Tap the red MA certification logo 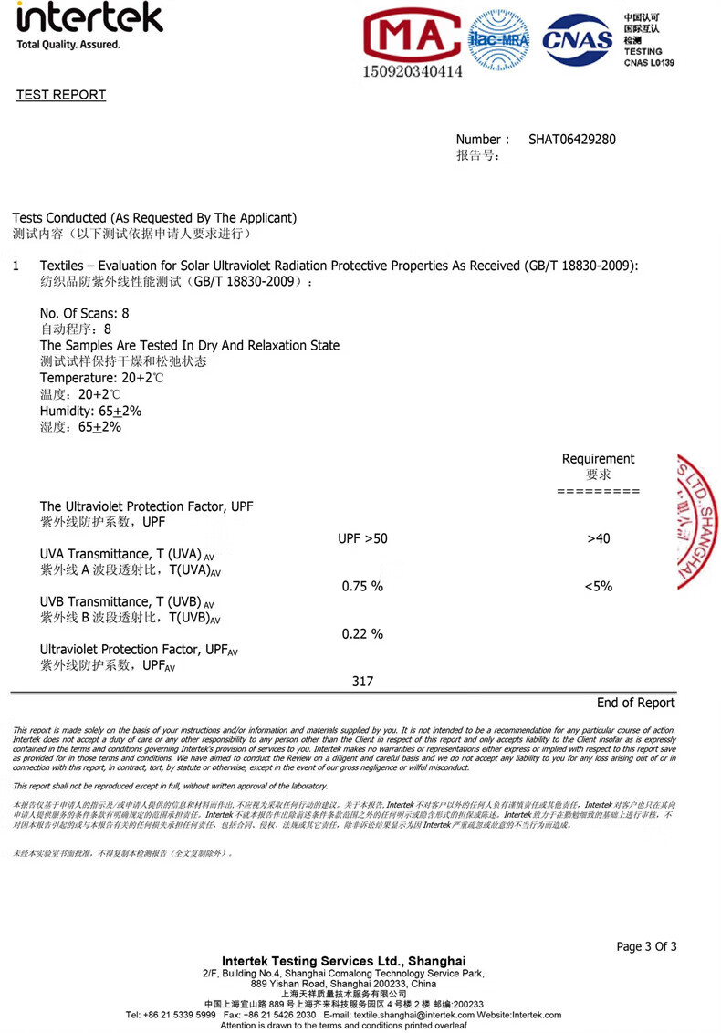pyautogui.click(x=412, y=37)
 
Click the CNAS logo pyautogui.click(x=577, y=38)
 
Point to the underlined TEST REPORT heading pyautogui.click(x=61, y=95)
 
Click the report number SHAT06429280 pyautogui.click(x=572, y=140)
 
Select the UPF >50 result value pyautogui.click(x=362, y=538)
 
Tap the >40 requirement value pyautogui.click(x=599, y=538)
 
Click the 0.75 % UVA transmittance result pyautogui.click(x=362, y=586)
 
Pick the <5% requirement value pyautogui.click(x=599, y=586)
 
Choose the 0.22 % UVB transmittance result pyautogui.click(x=362, y=633)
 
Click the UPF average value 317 pyautogui.click(x=362, y=681)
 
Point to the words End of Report pyautogui.click(x=636, y=703)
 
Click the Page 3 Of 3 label pyautogui.click(x=647, y=946)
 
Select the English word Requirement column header pyautogui.click(x=598, y=459)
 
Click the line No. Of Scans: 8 pyautogui.click(x=85, y=313)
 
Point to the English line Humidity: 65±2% pyautogui.click(x=91, y=411)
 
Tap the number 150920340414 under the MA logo pyautogui.click(x=413, y=70)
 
